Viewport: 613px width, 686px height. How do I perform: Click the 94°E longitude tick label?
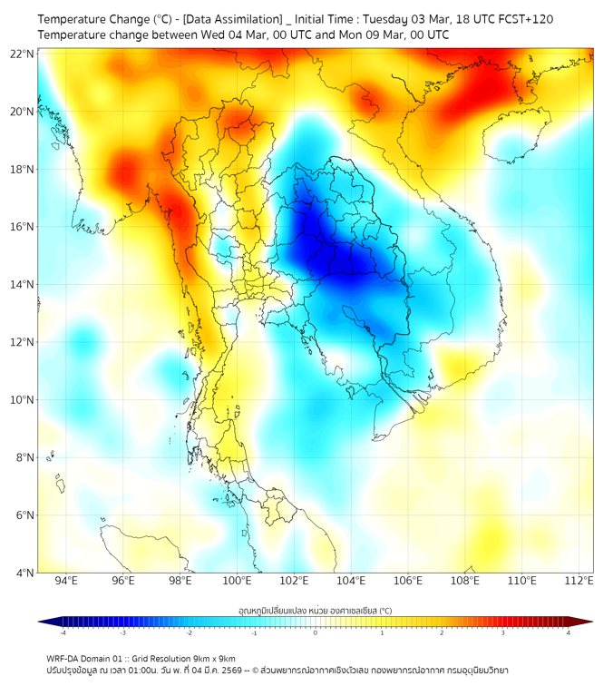(66, 581)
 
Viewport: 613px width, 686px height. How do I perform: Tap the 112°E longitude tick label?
(579, 581)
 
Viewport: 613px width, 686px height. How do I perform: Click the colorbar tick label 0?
(316, 632)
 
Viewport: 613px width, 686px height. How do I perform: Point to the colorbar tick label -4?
(62, 632)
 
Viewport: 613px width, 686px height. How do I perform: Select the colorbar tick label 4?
(569, 632)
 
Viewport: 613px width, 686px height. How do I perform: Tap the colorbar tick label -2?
(189, 632)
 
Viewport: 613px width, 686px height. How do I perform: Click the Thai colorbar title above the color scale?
(315, 610)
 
